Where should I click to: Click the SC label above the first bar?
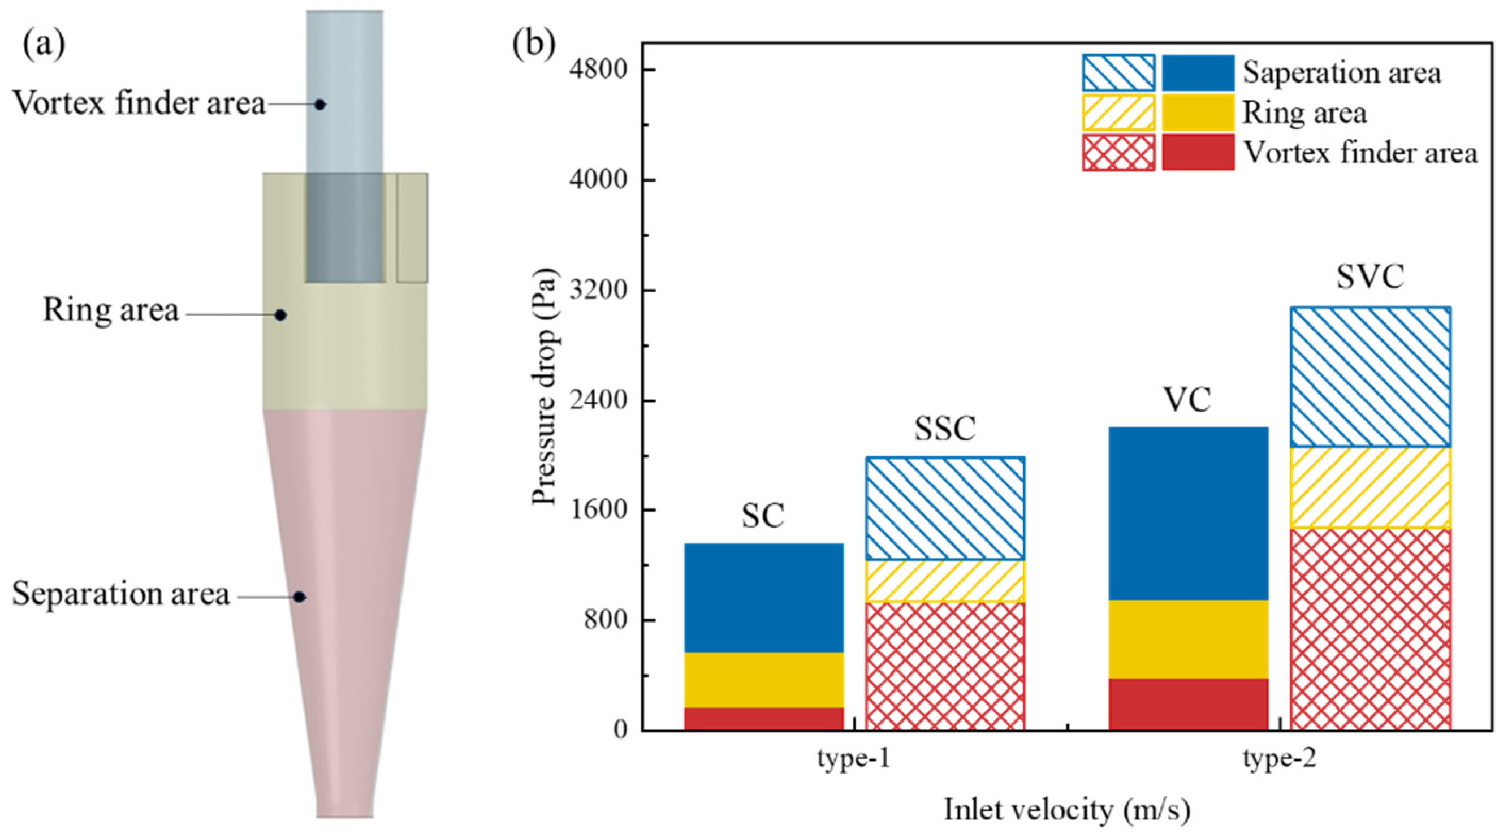762,516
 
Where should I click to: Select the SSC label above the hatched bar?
945,429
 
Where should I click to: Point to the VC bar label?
1187,400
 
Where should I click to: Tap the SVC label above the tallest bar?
1370,277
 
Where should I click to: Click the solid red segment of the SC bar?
763,718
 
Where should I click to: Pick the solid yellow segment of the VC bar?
1188,639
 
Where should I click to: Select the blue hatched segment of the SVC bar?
1370,377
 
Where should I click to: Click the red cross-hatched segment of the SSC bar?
945,666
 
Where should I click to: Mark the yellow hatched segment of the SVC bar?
1370,487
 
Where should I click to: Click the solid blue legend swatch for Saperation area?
1198,74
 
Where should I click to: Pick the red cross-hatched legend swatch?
1118,153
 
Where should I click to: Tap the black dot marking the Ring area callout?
281,315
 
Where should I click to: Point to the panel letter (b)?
534,44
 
